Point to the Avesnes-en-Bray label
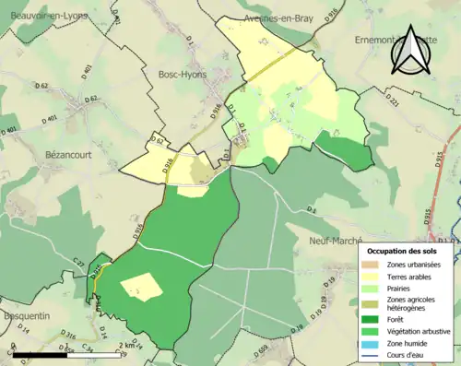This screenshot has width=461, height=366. (x=274, y=19)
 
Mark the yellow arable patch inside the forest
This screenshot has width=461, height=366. (x=141, y=287)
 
